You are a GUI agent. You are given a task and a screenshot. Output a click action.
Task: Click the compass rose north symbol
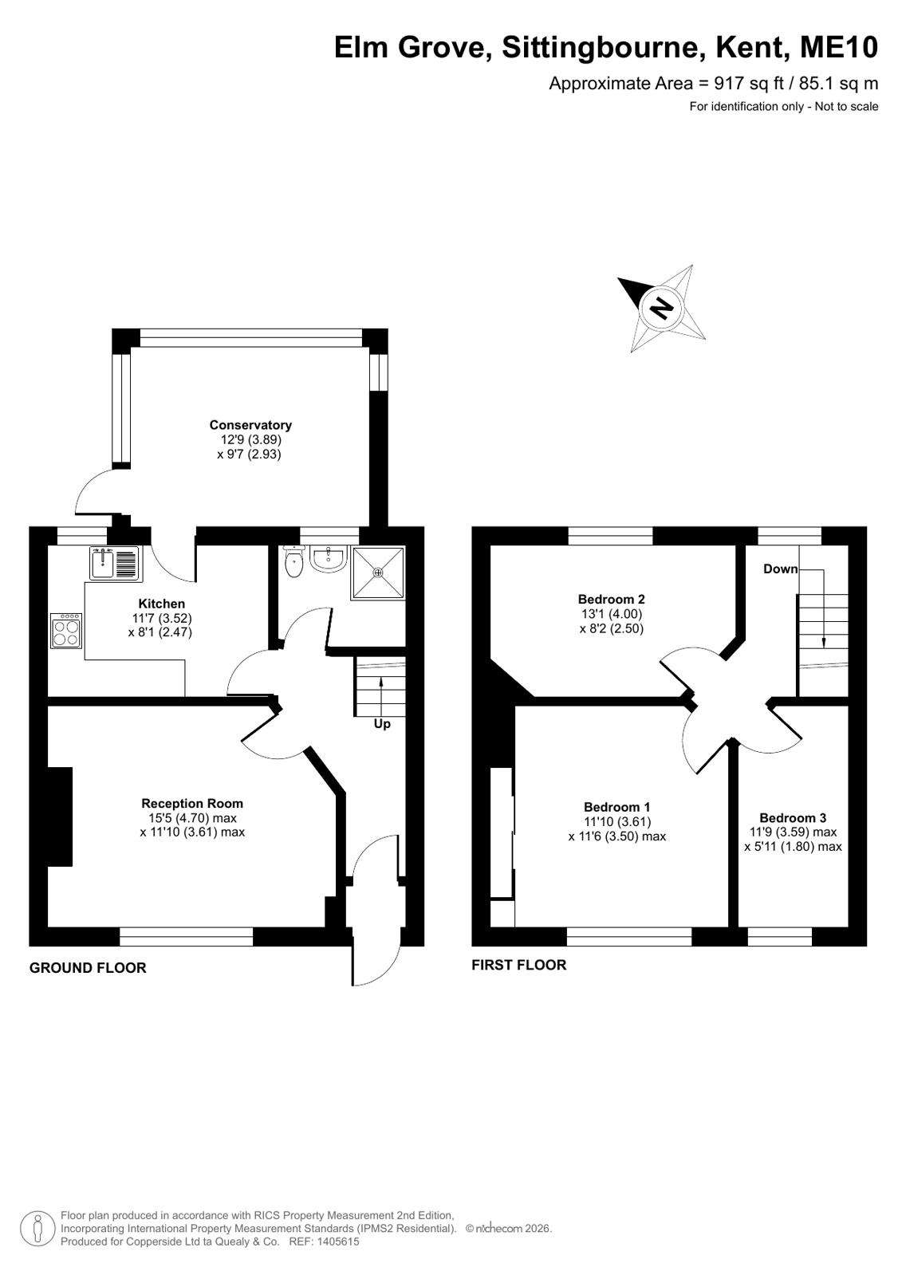coord(662,308)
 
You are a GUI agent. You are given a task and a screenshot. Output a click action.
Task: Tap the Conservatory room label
coord(250,425)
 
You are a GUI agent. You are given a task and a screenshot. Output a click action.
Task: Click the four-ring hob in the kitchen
coord(66,631)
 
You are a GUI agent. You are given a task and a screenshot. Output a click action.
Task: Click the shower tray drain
coord(378,572)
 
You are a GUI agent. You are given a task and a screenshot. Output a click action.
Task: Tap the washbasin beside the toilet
coord(329,558)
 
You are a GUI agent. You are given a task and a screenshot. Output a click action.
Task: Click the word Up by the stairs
coord(382,724)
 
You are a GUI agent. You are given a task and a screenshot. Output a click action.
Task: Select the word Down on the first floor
coord(780,569)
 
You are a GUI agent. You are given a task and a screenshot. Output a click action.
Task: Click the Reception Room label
coord(192,803)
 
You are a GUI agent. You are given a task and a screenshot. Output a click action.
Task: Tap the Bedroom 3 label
coord(793,818)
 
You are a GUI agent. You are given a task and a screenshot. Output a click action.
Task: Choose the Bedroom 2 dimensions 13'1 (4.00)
coord(611,614)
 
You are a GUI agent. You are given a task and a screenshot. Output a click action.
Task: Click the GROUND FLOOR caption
coord(88,968)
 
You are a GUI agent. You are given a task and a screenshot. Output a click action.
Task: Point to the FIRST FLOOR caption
coord(518,965)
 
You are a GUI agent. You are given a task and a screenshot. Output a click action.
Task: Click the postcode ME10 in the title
coord(839,47)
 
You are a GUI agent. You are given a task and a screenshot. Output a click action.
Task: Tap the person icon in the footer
coord(37,1229)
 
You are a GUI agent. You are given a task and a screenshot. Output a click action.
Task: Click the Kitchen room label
coord(162,604)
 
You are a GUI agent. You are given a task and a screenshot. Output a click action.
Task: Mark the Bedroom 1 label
coord(616,807)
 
